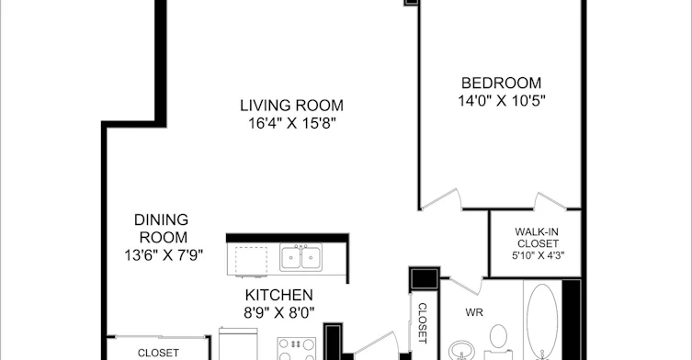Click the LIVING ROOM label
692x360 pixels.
point(291,106)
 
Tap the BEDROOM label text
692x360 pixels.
point(501,83)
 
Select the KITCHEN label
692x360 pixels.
point(279,295)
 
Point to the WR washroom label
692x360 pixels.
point(474,313)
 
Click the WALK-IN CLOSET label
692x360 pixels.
point(538,238)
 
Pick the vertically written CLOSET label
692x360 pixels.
point(422,323)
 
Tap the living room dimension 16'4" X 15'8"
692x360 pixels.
point(291,124)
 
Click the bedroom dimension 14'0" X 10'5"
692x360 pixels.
point(502,101)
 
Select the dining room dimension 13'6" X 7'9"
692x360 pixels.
point(164,255)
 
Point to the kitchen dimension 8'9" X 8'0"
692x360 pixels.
point(279,313)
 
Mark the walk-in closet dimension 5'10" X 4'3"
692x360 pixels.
point(538,255)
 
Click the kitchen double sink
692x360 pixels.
point(301,257)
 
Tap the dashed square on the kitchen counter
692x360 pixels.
point(251,261)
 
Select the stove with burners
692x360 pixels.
point(297,349)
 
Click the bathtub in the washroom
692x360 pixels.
point(542,321)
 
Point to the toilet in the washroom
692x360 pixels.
point(498,342)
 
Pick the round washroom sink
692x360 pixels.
point(461,351)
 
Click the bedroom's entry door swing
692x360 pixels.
point(440,198)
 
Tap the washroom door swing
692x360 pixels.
point(467,284)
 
